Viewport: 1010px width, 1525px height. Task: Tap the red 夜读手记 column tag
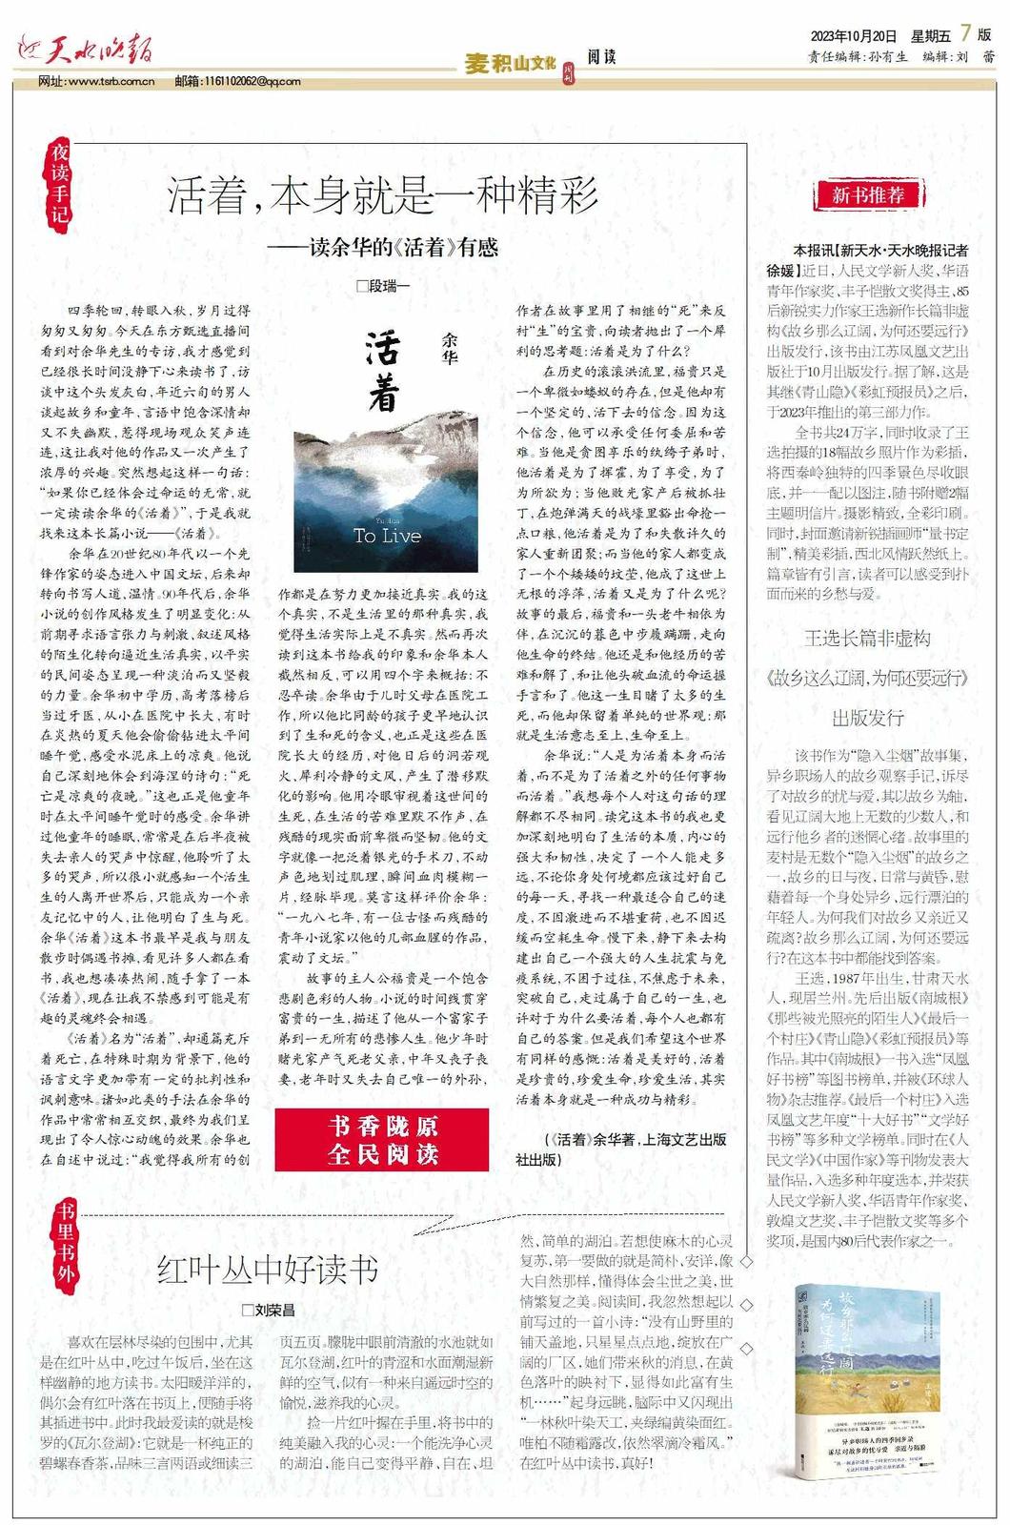(61, 182)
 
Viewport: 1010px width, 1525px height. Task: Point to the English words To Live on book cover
(387, 536)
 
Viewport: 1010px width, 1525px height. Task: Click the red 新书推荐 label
(867, 195)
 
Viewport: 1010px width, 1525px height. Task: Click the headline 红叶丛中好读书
(268, 1270)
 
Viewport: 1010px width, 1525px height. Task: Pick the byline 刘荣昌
(268, 1311)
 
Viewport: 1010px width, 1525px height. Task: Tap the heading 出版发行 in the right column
(867, 717)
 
